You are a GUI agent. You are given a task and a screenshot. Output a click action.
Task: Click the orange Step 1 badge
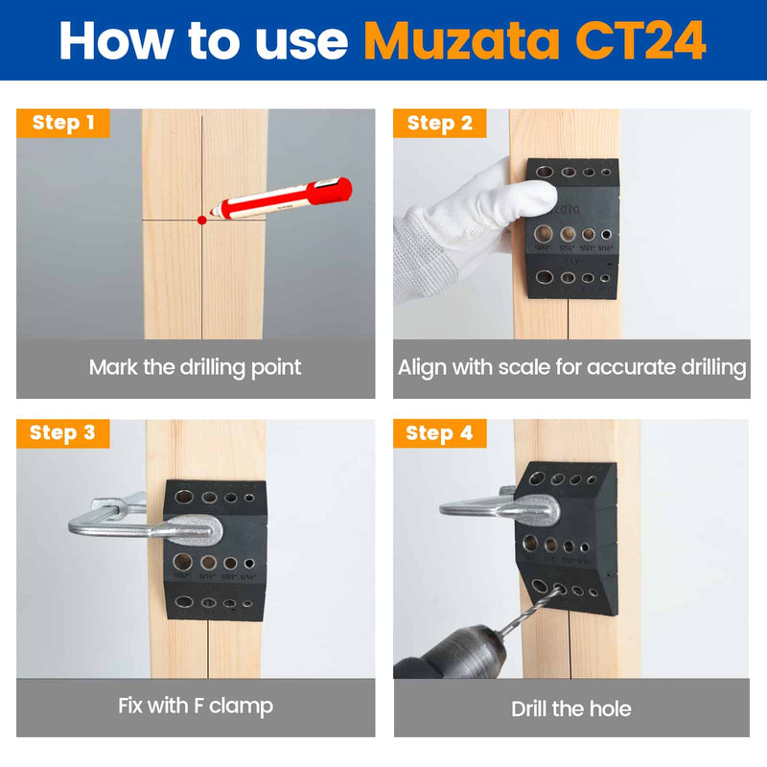(x=63, y=123)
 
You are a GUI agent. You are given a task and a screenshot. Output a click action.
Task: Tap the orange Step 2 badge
(x=440, y=123)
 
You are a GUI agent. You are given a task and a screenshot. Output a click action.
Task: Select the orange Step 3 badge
(x=63, y=432)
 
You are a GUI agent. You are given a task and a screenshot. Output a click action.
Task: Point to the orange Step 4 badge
(x=440, y=433)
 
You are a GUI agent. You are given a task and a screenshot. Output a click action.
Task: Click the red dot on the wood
(x=202, y=220)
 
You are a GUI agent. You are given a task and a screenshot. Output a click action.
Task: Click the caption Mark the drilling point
(x=196, y=367)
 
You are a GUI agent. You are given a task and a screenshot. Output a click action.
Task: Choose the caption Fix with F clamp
(x=196, y=707)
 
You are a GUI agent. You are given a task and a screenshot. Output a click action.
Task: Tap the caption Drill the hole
(x=571, y=709)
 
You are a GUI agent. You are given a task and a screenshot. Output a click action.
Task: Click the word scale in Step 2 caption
(x=530, y=367)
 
